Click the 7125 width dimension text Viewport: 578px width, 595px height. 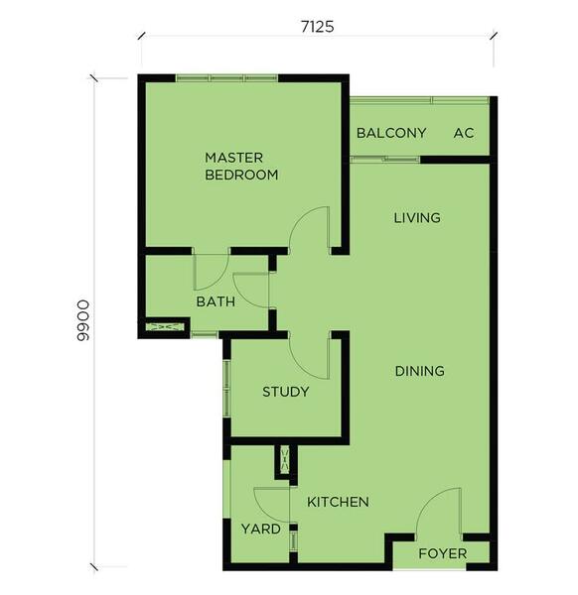[318, 27]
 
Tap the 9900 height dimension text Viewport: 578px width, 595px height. [82, 321]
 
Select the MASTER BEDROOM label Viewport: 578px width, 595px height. [241, 167]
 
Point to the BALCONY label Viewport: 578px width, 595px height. [391, 133]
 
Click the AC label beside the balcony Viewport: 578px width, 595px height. [464, 133]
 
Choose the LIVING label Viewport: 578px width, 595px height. [417, 218]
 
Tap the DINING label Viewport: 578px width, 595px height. [420, 371]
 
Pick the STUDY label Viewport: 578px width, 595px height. [286, 392]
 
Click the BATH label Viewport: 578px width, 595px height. [216, 302]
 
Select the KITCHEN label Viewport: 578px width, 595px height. [338, 502]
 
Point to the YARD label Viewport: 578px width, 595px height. [260, 529]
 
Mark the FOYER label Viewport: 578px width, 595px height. [443, 553]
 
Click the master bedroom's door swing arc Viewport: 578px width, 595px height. [300, 220]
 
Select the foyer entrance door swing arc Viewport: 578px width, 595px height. [429, 502]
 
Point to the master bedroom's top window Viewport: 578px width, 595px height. [226, 78]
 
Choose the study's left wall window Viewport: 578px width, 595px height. [226, 388]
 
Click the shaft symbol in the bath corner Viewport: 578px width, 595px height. [164, 326]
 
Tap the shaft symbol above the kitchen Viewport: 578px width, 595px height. [285, 459]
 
